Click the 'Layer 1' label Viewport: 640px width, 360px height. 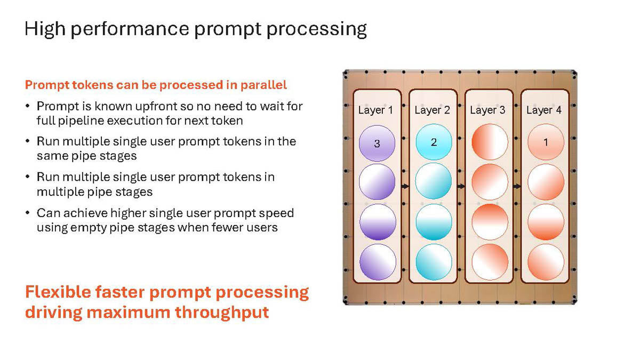point(375,110)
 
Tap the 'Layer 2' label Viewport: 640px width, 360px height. point(432,110)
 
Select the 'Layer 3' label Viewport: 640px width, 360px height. point(487,110)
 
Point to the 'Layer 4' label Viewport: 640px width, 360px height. point(543,110)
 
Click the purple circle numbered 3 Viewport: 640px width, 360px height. point(377,143)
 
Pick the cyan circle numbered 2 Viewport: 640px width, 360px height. point(434,142)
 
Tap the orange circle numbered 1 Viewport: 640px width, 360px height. point(546,142)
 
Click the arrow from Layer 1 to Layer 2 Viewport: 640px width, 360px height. point(405,186)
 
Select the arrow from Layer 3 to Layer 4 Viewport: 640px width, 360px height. point(517,186)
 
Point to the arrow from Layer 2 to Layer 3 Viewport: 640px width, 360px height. point(461,186)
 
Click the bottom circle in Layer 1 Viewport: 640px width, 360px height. point(378,262)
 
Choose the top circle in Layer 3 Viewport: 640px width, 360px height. point(490,142)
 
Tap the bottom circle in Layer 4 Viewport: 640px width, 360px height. point(546,262)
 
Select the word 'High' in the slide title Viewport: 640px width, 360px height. point(45,29)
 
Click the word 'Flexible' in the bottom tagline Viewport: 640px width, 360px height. point(58,292)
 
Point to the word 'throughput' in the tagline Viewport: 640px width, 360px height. point(222,313)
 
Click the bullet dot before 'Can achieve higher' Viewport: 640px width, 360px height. point(27,213)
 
